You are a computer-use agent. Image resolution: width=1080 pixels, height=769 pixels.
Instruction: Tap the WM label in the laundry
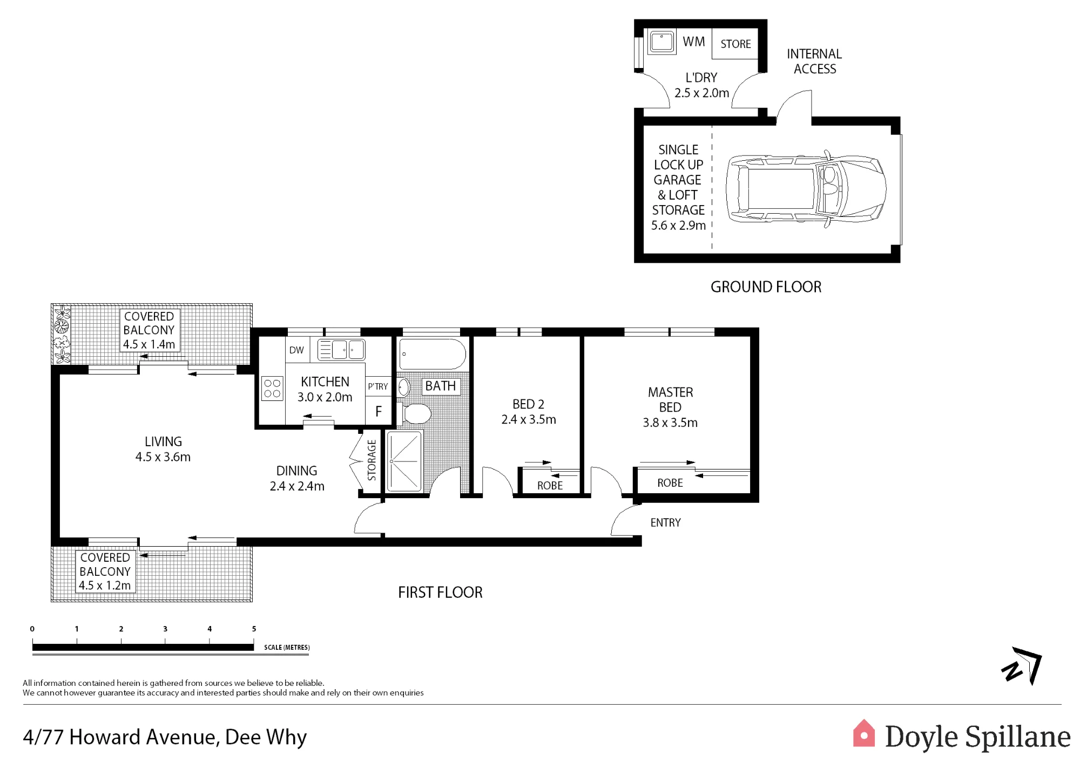(x=694, y=42)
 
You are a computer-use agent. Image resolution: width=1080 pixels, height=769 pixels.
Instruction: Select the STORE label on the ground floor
(x=735, y=44)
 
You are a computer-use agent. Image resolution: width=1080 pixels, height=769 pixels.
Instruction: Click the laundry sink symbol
(x=661, y=42)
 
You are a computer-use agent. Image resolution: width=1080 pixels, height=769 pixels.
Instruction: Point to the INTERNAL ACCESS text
(x=814, y=62)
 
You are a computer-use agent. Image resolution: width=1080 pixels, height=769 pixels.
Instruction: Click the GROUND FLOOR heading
(x=766, y=287)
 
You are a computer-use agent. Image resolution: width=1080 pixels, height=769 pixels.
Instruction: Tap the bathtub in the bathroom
(x=432, y=354)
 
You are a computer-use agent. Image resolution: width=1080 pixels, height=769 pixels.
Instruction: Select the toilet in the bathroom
(x=416, y=414)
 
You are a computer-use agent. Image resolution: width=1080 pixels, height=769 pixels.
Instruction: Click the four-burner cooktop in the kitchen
(x=272, y=389)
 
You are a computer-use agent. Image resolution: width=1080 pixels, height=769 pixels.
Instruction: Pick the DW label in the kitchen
(x=296, y=350)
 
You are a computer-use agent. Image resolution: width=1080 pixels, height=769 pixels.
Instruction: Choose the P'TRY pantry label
(x=378, y=386)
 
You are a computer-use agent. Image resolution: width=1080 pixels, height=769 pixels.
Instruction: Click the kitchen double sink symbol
(x=341, y=350)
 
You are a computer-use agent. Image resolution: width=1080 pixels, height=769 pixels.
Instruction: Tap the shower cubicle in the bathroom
(x=404, y=461)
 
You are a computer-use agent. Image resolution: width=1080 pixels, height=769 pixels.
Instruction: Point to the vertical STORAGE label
(x=372, y=460)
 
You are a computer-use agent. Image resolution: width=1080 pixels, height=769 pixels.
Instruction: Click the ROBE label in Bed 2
(x=550, y=486)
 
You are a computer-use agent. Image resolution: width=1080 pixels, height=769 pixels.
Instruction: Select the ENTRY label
(x=665, y=522)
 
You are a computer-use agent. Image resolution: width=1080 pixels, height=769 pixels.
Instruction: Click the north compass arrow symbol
(x=1022, y=665)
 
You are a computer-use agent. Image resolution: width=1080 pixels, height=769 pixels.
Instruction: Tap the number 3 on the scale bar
(x=165, y=629)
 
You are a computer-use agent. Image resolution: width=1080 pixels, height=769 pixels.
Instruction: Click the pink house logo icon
(x=863, y=733)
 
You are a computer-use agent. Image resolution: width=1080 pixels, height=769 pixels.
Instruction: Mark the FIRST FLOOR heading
(x=440, y=593)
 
